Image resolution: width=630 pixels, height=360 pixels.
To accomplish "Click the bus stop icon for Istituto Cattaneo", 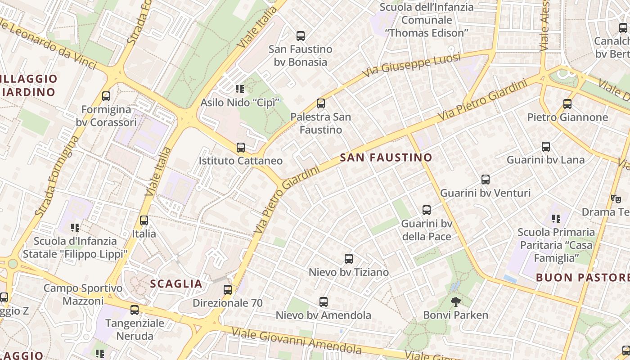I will click(x=241, y=148).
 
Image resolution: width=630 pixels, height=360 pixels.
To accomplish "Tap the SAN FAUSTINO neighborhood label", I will click(x=386, y=158).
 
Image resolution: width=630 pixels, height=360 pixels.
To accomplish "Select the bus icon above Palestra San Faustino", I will click(x=321, y=103).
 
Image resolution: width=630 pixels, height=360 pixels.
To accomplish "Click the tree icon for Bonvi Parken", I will click(x=456, y=302).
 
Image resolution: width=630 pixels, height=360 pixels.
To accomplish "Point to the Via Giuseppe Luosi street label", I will click(x=412, y=64).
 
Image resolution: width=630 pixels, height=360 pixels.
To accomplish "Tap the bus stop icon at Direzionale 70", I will click(x=228, y=290).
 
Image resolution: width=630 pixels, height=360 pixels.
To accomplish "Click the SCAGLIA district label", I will click(x=176, y=284).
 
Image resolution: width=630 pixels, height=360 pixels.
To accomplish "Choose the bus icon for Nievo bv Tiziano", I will click(x=349, y=259).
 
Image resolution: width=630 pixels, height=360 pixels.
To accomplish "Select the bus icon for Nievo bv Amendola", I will click(x=324, y=302).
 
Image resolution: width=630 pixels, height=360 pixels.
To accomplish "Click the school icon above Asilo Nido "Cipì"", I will click(x=240, y=89).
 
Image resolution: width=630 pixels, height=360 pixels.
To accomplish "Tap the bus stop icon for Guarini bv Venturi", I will click(x=486, y=180).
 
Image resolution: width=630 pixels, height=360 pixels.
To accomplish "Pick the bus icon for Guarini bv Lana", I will click(x=546, y=147).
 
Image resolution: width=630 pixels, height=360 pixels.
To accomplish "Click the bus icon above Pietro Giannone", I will click(x=567, y=104).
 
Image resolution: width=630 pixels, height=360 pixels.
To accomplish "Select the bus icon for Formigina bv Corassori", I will click(x=106, y=96).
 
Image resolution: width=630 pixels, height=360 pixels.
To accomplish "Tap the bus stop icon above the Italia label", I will click(x=144, y=220).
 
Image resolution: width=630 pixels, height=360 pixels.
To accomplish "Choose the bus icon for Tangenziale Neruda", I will click(x=135, y=310).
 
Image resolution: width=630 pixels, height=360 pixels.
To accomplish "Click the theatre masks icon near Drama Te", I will click(x=616, y=198).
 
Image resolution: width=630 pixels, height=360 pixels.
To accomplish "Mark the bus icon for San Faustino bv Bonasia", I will click(x=301, y=36).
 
